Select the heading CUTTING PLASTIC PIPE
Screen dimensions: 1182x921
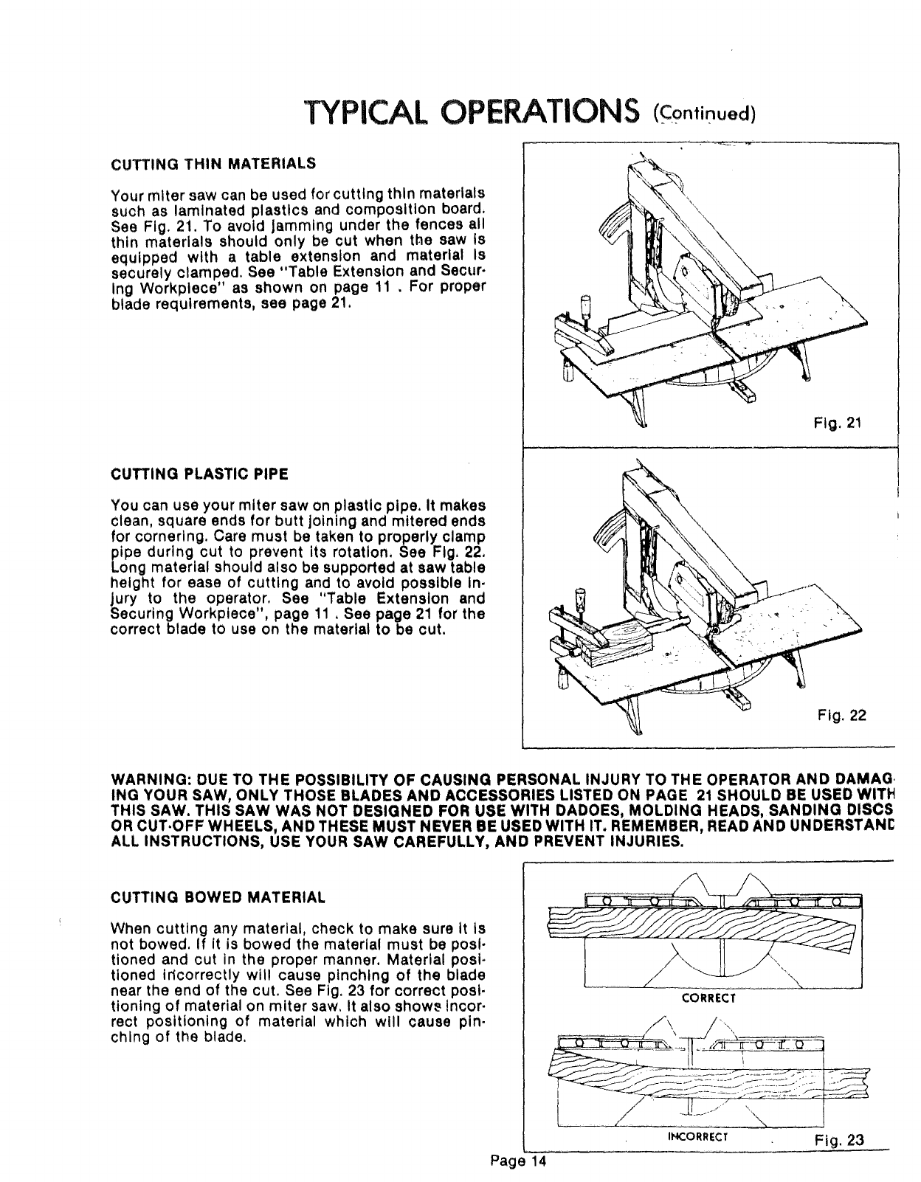(199, 473)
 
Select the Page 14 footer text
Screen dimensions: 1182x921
(521, 1162)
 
